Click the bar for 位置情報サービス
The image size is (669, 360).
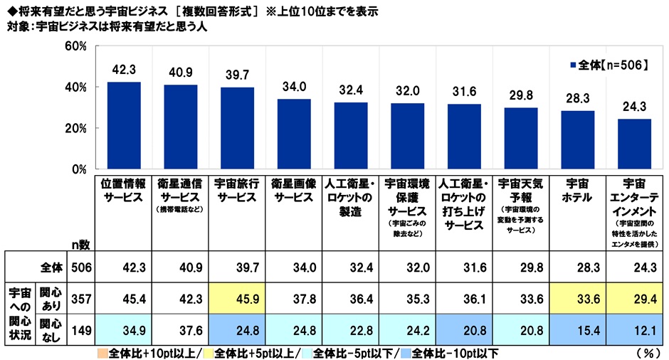[124, 126]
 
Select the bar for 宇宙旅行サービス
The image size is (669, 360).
[237, 129]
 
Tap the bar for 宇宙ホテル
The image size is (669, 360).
[577, 140]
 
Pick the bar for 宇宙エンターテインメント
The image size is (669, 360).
[633, 144]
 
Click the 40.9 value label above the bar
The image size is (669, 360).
[180, 73]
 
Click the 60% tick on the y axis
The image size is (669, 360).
[75, 47]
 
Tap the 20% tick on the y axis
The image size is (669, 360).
[75, 129]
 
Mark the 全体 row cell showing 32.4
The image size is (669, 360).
[350, 267]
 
